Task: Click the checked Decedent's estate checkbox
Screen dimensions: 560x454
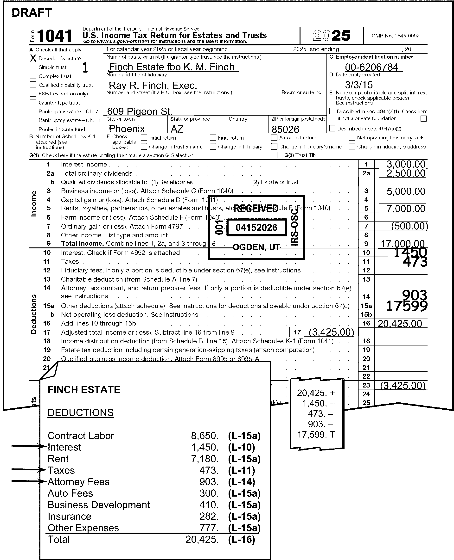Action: coord(33,58)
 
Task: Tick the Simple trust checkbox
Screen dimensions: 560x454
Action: coord(33,67)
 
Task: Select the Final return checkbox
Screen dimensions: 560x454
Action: coord(213,138)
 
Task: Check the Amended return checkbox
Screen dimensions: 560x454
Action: coord(274,138)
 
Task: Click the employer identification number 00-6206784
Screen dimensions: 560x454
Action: coord(371,67)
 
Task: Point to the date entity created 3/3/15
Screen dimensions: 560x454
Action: coord(359,85)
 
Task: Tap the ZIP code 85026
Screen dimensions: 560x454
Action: coord(285,129)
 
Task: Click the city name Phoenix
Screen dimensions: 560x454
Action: coord(127,129)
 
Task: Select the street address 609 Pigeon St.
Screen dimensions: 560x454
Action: coord(140,111)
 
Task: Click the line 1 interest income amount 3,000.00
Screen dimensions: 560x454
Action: coord(406,164)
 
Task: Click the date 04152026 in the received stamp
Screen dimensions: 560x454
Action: coord(256,228)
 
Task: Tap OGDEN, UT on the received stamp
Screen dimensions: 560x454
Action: coord(256,247)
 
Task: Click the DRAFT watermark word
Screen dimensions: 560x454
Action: coord(32,12)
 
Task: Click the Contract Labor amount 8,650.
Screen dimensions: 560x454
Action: coord(205,436)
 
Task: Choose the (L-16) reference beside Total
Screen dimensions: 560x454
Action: coord(241,539)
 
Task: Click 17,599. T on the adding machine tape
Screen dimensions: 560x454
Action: coord(316,434)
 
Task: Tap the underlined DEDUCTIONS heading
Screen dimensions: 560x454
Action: coord(81,412)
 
